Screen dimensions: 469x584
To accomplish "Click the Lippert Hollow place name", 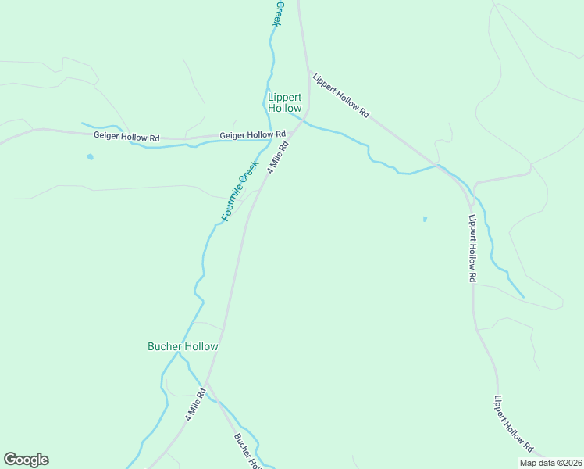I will click(284, 102).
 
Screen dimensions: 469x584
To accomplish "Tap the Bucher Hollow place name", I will click(183, 346).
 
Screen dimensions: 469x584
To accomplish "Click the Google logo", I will click(26, 460).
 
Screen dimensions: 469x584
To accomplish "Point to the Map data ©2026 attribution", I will click(550, 463).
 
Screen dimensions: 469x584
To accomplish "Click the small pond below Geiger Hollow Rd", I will click(90, 156).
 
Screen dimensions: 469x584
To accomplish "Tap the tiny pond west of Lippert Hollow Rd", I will click(425, 219).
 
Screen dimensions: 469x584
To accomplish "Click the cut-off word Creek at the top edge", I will click(277, 13).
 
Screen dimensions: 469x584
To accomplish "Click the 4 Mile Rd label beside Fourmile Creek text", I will click(278, 156).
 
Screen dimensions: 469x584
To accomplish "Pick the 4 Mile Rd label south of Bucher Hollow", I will click(194, 404).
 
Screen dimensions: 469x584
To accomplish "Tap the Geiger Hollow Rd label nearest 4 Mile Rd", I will click(252, 134).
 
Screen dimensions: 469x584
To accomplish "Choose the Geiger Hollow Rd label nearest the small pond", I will click(126, 136).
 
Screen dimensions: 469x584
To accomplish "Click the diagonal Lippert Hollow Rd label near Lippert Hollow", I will click(340, 95).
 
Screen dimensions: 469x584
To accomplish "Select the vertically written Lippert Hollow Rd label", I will click(472, 248).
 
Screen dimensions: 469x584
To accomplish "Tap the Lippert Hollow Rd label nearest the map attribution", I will click(513, 424).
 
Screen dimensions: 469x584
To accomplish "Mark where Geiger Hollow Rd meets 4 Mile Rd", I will click(290, 131).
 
